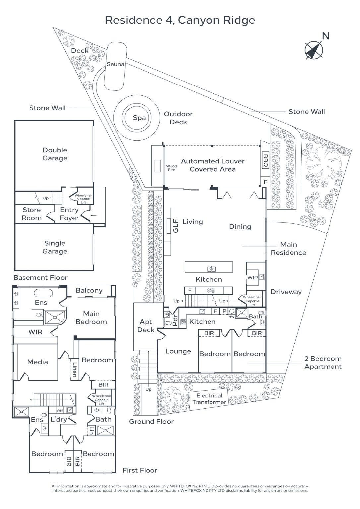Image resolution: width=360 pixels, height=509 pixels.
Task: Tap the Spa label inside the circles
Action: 139,118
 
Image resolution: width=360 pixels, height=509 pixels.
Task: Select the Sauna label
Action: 115,64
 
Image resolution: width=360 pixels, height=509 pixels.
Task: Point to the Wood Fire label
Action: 171,168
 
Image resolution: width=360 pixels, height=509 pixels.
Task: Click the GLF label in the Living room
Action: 176,226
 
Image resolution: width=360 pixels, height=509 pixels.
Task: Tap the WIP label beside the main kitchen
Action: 252,277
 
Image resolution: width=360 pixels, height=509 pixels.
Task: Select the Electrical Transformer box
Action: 209,399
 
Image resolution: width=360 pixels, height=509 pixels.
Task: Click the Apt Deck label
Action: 146,326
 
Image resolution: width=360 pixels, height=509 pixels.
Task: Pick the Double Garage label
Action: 55,154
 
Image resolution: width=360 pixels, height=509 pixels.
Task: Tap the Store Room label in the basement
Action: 31,214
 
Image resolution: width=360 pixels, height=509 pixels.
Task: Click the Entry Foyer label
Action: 69,214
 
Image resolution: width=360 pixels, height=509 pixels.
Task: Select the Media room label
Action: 37,362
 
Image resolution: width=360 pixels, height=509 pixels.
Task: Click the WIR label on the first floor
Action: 35,332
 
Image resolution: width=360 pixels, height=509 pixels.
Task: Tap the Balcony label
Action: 89,291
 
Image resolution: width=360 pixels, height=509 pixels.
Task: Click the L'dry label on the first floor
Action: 59,419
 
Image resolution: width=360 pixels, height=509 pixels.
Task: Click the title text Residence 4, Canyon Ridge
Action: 180,20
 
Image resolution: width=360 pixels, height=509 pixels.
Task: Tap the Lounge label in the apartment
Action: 178,351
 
